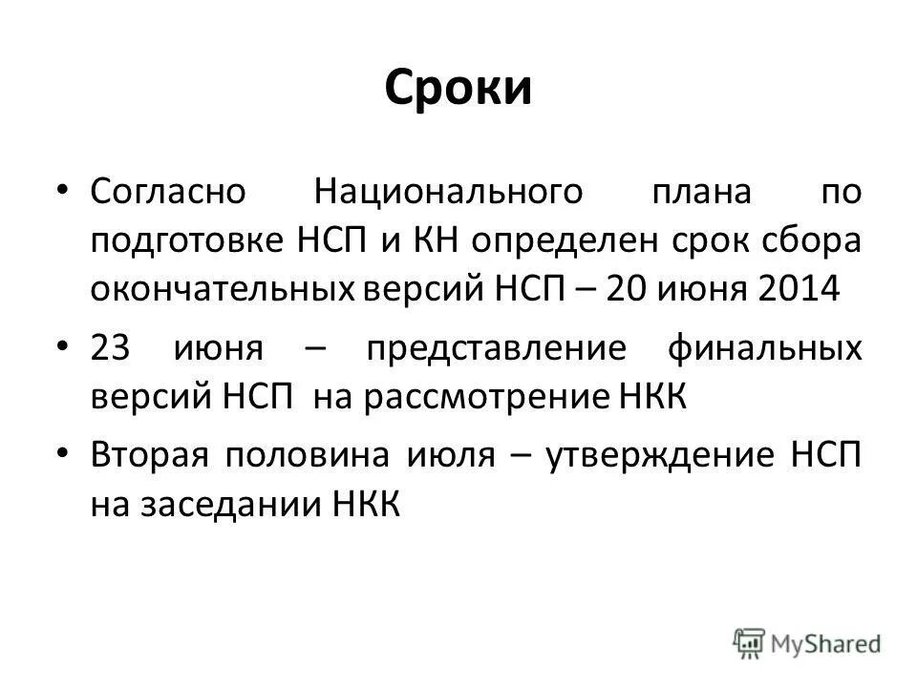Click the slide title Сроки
tap(458, 89)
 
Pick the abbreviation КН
tap(437, 239)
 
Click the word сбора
tap(811, 239)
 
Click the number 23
tap(113, 347)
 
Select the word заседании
tap(237, 504)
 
